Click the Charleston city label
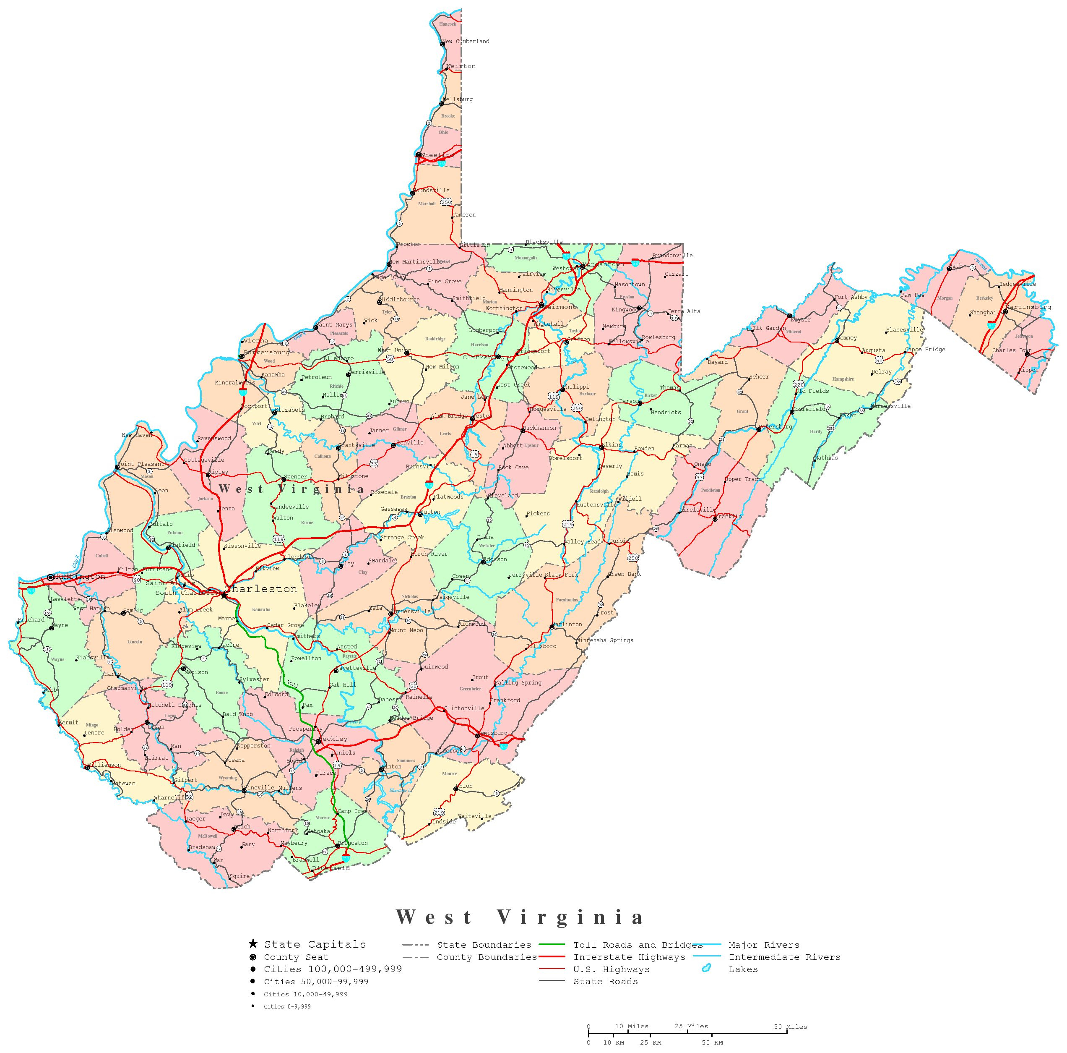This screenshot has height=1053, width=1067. tap(261, 589)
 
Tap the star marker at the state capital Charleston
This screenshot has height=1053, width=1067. tap(224, 595)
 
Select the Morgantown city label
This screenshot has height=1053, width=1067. tap(605, 264)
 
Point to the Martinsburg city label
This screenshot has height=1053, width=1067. tap(1028, 307)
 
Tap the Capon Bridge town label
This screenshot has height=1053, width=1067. tap(926, 349)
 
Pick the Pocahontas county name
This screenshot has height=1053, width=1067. tap(567, 600)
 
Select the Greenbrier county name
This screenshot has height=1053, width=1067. tap(470, 689)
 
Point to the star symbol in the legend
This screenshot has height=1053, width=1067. tap(252, 943)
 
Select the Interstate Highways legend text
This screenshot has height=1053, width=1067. tap(629, 957)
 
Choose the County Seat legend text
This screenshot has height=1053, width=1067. tap(296, 957)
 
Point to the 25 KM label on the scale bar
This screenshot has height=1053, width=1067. tap(651, 1043)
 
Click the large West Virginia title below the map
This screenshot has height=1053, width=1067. tap(520, 917)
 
